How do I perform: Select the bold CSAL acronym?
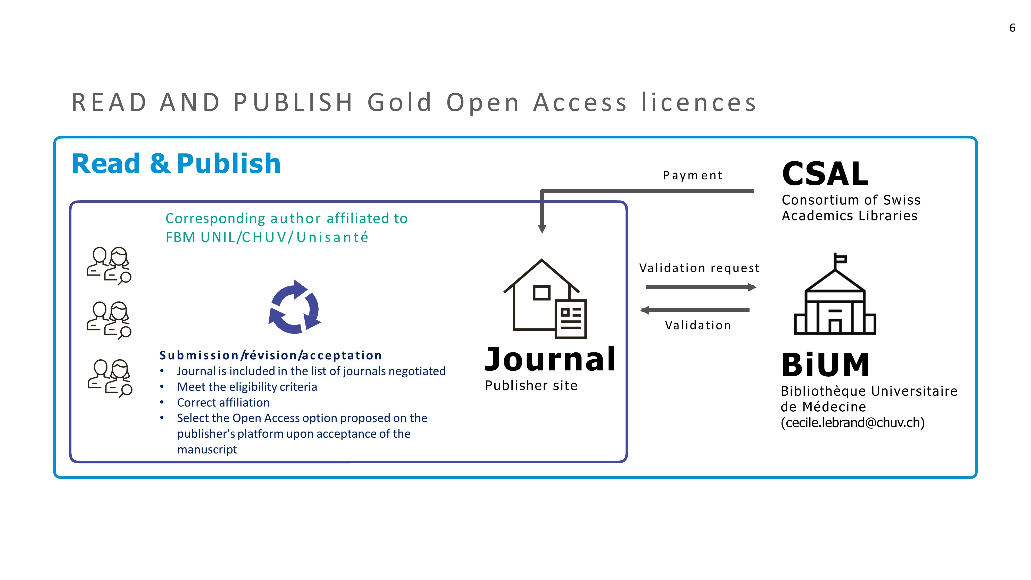click(x=825, y=174)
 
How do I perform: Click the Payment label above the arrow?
click(x=692, y=175)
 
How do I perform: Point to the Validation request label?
click(x=699, y=268)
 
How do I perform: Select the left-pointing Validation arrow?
click(x=695, y=310)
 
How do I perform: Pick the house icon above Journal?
click(x=545, y=299)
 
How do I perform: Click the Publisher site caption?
click(x=531, y=385)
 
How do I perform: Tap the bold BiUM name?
click(x=826, y=365)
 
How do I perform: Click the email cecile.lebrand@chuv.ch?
click(x=852, y=423)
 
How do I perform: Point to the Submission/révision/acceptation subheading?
click(x=271, y=355)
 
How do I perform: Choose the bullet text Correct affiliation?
click(x=223, y=402)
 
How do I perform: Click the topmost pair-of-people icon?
click(x=109, y=266)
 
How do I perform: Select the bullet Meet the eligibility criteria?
click(x=247, y=387)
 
